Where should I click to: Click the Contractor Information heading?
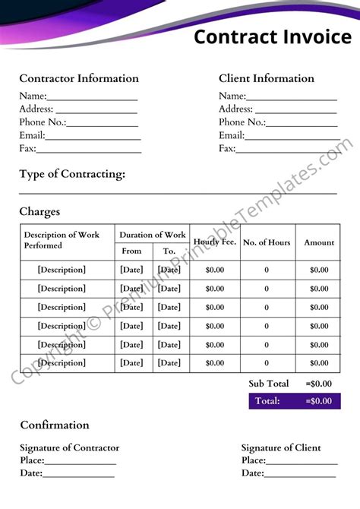[79, 78]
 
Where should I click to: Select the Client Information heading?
[267, 78]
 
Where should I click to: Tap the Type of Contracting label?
[72, 174]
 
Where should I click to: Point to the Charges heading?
[39, 212]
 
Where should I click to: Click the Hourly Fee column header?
[215, 242]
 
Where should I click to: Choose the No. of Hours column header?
[267, 242]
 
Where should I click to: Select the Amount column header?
[319, 242]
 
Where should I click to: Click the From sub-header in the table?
[131, 251]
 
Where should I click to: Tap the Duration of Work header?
[152, 235]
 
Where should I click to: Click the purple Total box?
[294, 401]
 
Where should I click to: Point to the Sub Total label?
[269, 384]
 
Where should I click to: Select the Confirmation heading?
[55, 425]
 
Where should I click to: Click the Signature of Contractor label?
[69, 447]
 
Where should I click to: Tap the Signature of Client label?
[281, 447]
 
